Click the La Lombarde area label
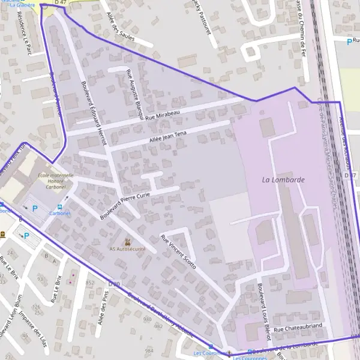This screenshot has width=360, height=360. point(284,179)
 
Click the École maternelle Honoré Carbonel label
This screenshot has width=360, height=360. point(56,181)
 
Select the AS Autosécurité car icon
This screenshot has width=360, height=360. point(127,241)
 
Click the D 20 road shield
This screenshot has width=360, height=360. point(115,283)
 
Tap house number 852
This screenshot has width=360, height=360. point(90,283)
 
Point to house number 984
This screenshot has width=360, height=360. point(149,350)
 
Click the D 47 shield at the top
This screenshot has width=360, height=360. point(60,3)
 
